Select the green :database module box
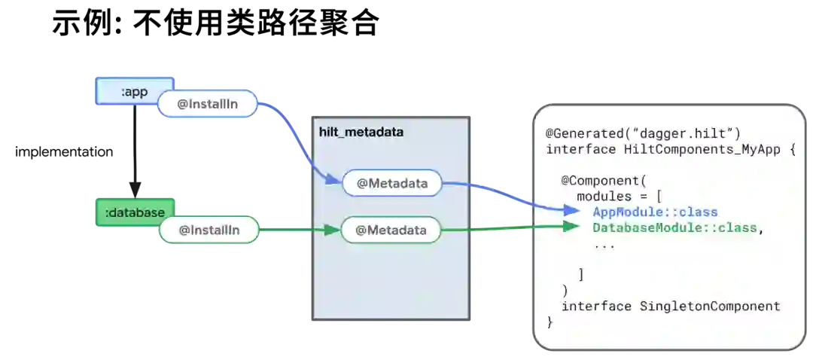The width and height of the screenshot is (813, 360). click(x=135, y=212)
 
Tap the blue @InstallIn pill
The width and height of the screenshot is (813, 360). click(x=208, y=105)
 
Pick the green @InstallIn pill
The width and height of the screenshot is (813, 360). click(x=209, y=230)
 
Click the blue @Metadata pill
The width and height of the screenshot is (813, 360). click(x=391, y=183)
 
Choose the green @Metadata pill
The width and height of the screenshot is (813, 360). click(x=391, y=230)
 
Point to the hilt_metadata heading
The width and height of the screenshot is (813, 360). click(x=361, y=132)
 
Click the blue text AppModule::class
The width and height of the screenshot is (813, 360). click(x=655, y=212)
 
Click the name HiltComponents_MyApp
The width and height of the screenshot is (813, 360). click(x=702, y=149)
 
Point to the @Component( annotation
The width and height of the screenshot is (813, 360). click(x=603, y=181)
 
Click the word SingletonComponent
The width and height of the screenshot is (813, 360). click(x=710, y=306)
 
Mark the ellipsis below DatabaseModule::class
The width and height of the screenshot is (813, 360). click(x=604, y=245)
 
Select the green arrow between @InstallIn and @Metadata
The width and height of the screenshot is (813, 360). click(x=297, y=230)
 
